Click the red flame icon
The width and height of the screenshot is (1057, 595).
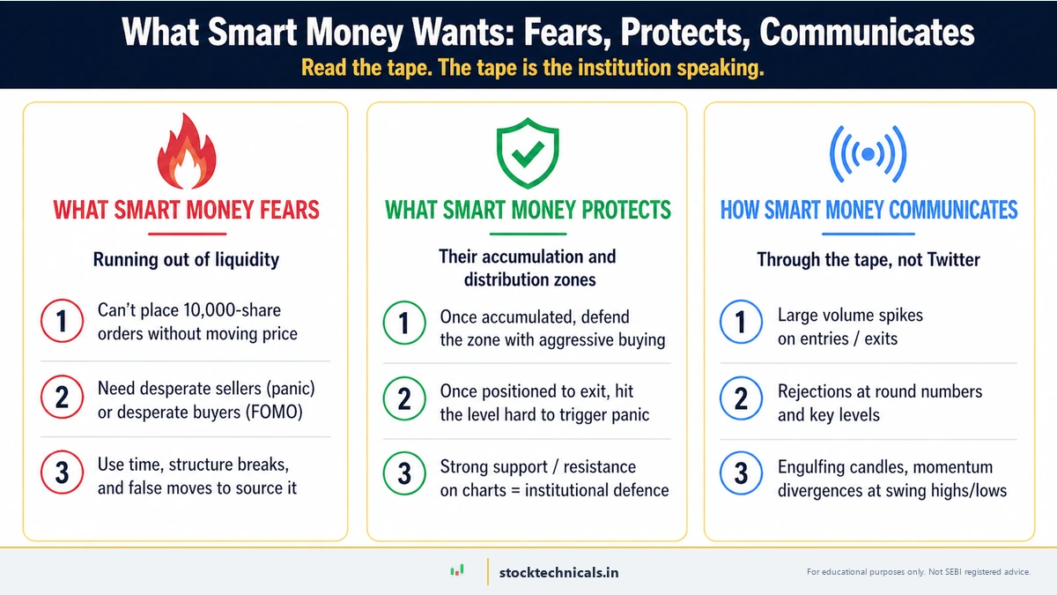point(186,153)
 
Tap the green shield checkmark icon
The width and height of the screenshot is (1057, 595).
point(527,155)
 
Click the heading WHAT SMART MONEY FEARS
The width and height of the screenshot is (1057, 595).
point(186,210)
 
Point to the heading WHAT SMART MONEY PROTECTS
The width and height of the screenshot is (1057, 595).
point(528,210)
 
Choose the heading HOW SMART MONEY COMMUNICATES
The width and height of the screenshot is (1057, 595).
point(869,210)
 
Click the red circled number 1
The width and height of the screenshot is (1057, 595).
point(62,322)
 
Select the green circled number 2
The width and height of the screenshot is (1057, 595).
point(404,399)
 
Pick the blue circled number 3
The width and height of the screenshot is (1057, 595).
point(741,474)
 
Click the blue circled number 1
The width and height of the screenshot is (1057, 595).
point(741,323)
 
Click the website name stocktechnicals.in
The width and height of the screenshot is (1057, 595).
point(558,572)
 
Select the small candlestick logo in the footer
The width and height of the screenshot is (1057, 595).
point(456,571)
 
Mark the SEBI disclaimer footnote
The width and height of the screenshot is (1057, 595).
point(918,572)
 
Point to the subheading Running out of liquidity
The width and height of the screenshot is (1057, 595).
point(186,259)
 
